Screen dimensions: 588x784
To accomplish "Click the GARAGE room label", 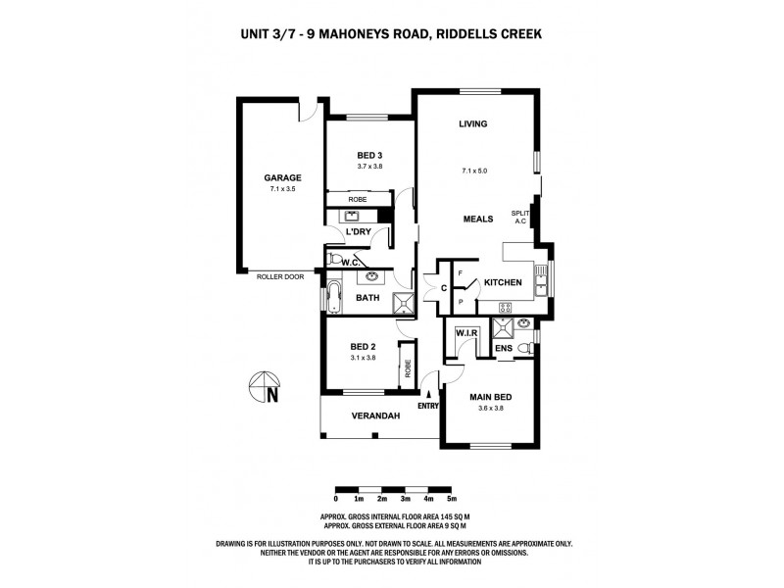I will [x=281, y=177].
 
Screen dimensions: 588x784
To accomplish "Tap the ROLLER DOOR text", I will [x=280, y=277].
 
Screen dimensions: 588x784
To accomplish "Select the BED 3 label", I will [x=368, y=155].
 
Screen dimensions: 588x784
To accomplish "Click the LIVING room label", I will [x=473, y=123].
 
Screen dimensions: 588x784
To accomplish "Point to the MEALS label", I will [x=477, y=219].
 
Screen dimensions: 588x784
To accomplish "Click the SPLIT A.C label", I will [x=519, y=218].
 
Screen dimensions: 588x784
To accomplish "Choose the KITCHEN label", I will [x=502, y=282].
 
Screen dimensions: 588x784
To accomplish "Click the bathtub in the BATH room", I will [x=333, y=297].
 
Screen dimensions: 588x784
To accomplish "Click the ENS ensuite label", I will [x=503, y=347].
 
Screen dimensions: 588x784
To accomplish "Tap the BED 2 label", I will [x=364, y=347].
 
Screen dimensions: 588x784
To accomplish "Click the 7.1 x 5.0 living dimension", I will [x=474, y=171].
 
